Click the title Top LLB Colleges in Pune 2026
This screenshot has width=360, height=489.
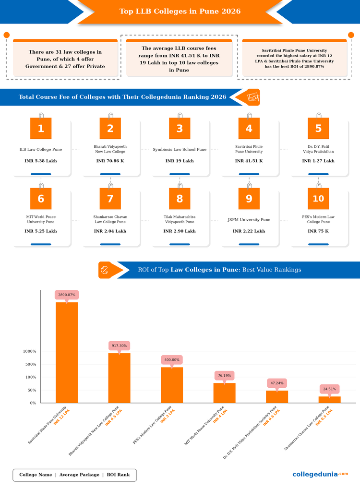180,11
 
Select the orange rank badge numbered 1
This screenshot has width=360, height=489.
41,128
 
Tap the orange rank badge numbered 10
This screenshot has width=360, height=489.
318,198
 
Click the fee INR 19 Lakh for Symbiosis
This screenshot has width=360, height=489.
180,161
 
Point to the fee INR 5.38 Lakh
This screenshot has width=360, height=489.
41,161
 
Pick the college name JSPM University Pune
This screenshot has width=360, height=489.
249,220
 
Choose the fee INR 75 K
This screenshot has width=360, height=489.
318,231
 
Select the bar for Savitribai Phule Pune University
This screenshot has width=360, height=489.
67,352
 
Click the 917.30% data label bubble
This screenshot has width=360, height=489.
119,346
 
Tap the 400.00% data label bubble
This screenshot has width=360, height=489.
172,360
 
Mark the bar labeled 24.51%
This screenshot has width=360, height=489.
330,399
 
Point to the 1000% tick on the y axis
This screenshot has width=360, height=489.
30,351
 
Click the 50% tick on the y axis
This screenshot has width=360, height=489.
32,390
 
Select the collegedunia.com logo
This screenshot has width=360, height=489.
320,474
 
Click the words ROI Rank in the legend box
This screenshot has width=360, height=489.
118,475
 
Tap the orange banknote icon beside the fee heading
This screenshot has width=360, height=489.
253,97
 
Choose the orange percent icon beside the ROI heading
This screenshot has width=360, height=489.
105,270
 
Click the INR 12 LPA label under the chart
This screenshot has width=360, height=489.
61,417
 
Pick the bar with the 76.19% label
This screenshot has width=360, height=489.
225,393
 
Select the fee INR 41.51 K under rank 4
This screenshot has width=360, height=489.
249,161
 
